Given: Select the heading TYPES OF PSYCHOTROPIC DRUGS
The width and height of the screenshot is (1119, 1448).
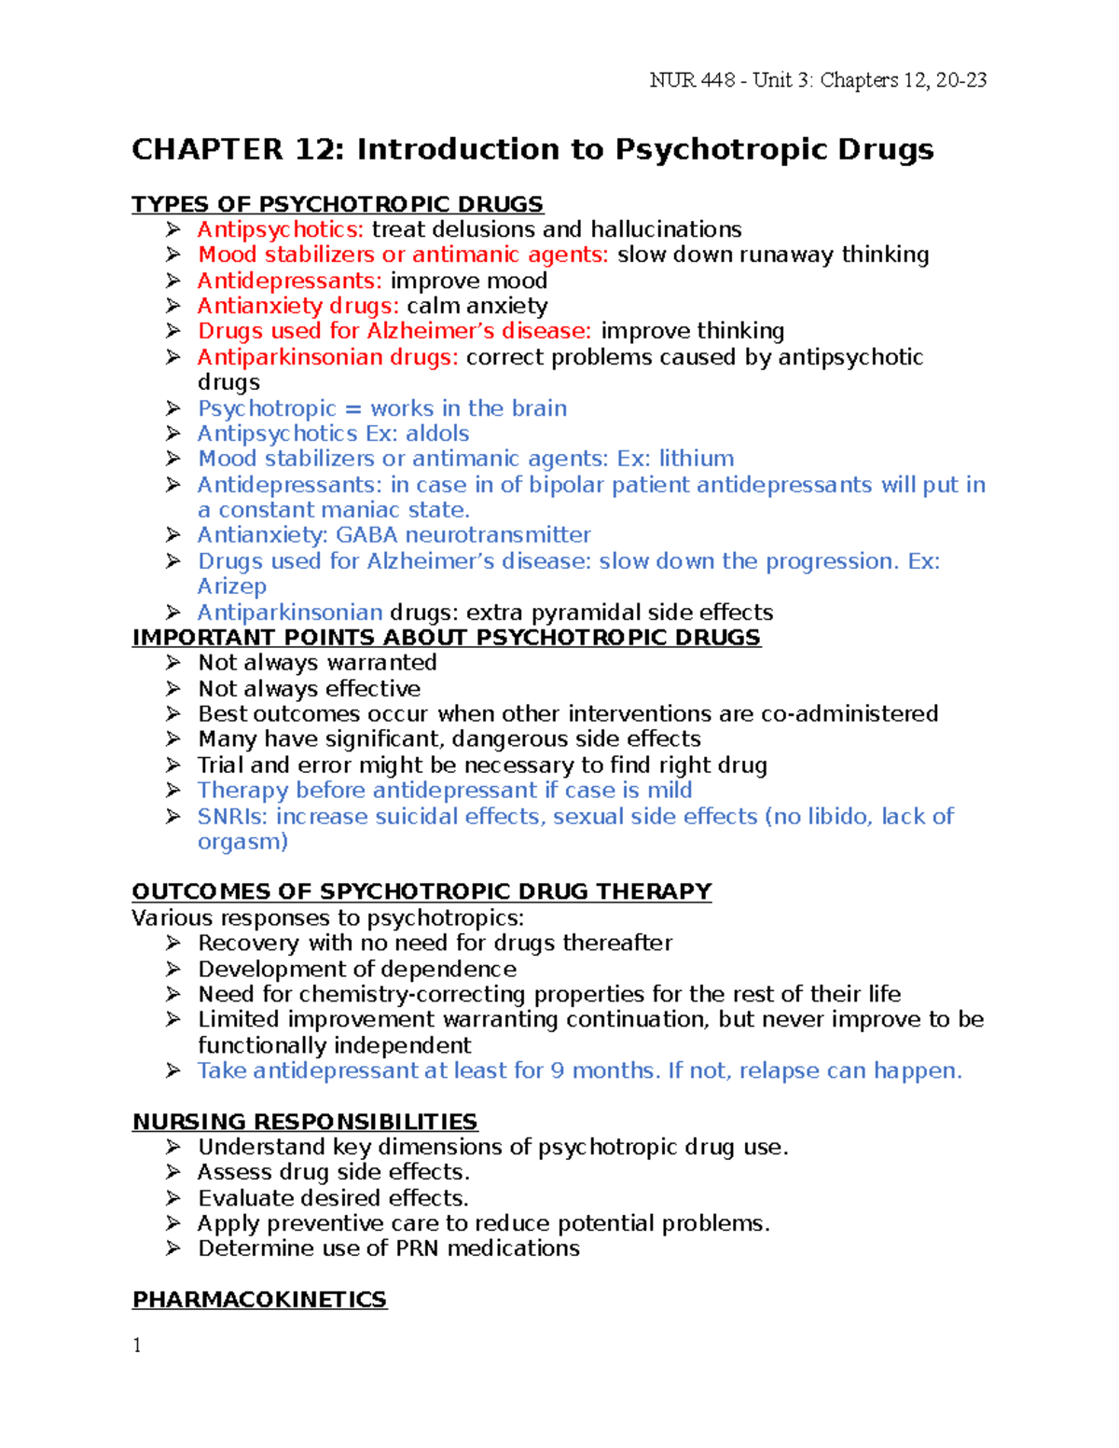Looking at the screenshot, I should [x=338, y=204].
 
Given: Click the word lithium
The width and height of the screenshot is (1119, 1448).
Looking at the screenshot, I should [x=697, y=459].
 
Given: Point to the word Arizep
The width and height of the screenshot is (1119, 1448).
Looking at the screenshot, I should [x=232, y=586].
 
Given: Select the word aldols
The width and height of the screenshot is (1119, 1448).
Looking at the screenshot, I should [x=437, y=434].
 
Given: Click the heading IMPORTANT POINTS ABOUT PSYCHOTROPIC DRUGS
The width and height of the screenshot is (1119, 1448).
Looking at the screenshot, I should [x=446, y=638].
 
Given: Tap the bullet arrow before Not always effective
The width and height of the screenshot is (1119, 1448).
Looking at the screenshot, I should [x=173, y=688].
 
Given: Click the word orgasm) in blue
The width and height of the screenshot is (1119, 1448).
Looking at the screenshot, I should [x=242, y=842].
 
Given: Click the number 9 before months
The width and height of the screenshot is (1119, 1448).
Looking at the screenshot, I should [x=557, y=1071].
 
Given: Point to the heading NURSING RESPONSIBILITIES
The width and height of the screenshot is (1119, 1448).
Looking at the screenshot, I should [x=305, y=1122].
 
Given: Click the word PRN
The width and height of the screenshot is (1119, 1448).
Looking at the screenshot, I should [x=418, y=1248].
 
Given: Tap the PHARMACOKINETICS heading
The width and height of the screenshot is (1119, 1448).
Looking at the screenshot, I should [x=259, y=1300].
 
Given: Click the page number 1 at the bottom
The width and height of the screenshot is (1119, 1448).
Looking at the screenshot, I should [x=137, y=1345].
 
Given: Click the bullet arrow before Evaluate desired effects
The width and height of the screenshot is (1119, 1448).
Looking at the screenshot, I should [x=173, y=1197].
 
